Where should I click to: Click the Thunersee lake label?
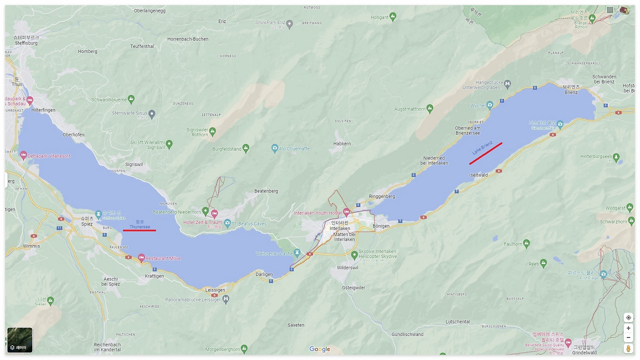139,226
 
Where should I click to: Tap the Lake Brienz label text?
482,147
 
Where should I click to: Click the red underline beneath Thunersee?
139,230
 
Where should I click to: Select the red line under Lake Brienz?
485,153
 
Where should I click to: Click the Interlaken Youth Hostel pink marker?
346,212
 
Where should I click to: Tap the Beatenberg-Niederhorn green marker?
205,211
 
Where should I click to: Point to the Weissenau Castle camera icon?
297,253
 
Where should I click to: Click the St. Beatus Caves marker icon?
227,223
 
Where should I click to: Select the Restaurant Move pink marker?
141,258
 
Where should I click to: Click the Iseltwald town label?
478,175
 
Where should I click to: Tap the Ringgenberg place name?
381,196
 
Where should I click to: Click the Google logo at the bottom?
319,349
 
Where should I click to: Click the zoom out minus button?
628,337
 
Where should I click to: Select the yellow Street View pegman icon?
628,348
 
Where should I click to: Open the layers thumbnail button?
20,340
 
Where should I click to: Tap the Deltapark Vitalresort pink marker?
23,155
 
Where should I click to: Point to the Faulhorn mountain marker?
526,243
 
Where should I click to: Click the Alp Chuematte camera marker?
274,148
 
